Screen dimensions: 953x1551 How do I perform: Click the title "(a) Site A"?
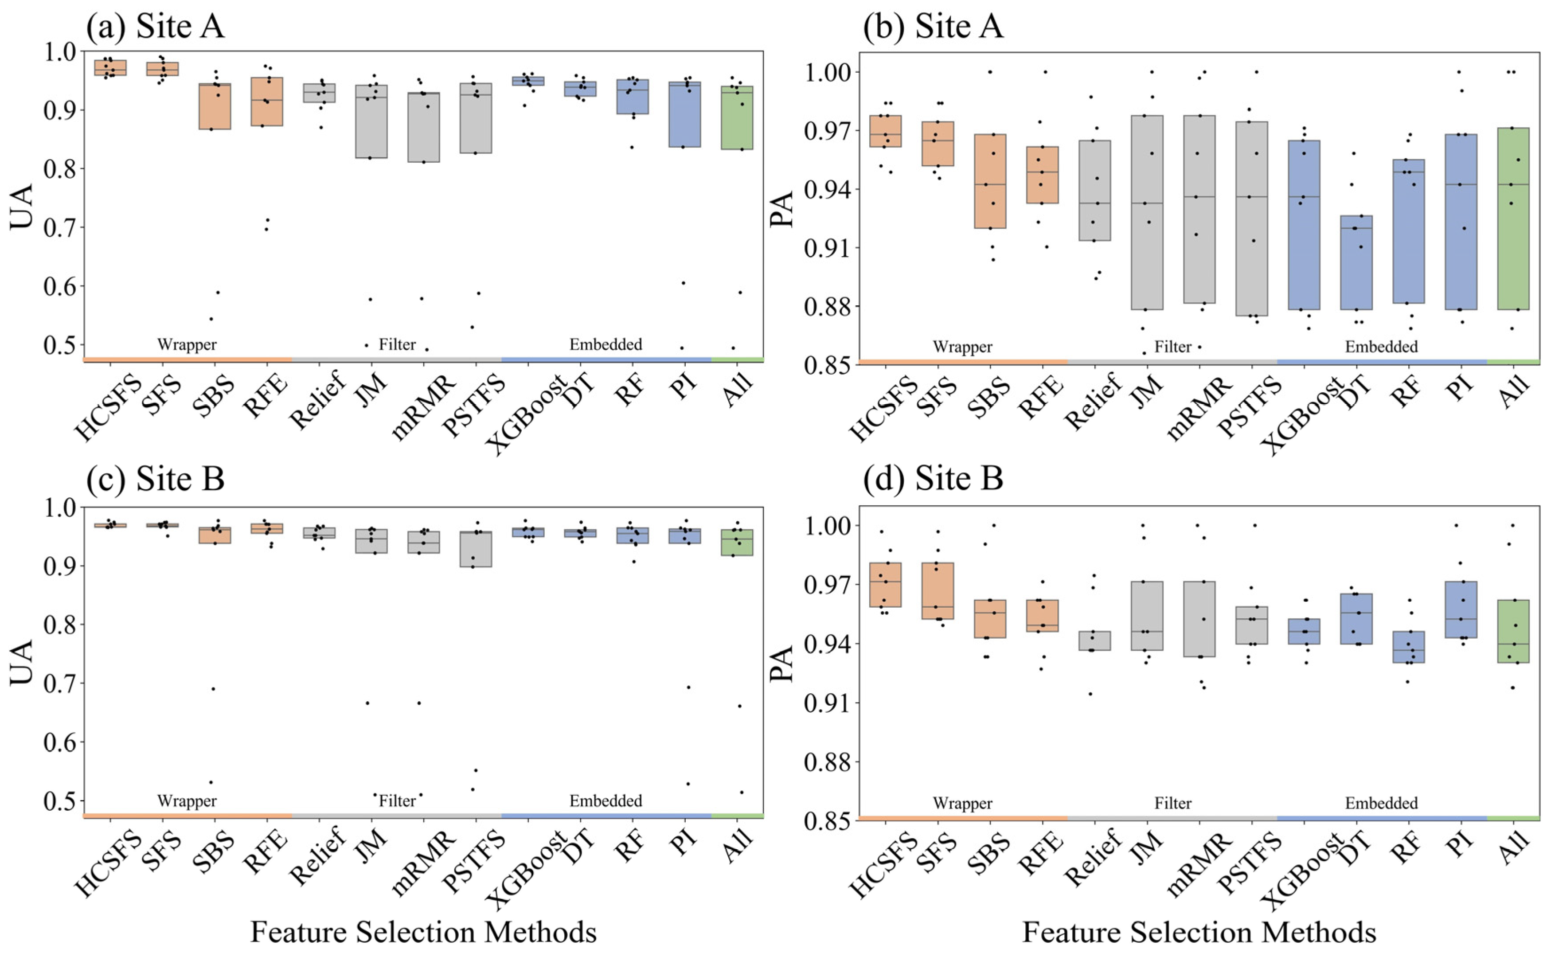tap(155, 27)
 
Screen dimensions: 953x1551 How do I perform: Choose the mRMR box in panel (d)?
tap(1199, 619)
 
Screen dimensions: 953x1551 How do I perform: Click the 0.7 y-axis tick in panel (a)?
tap(59, 227)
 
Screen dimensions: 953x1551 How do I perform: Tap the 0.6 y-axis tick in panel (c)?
tap(59, 742)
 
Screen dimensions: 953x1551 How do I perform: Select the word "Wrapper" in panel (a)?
tap(187, 345)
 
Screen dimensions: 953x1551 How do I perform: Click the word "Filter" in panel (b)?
tap(1173, 347)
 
